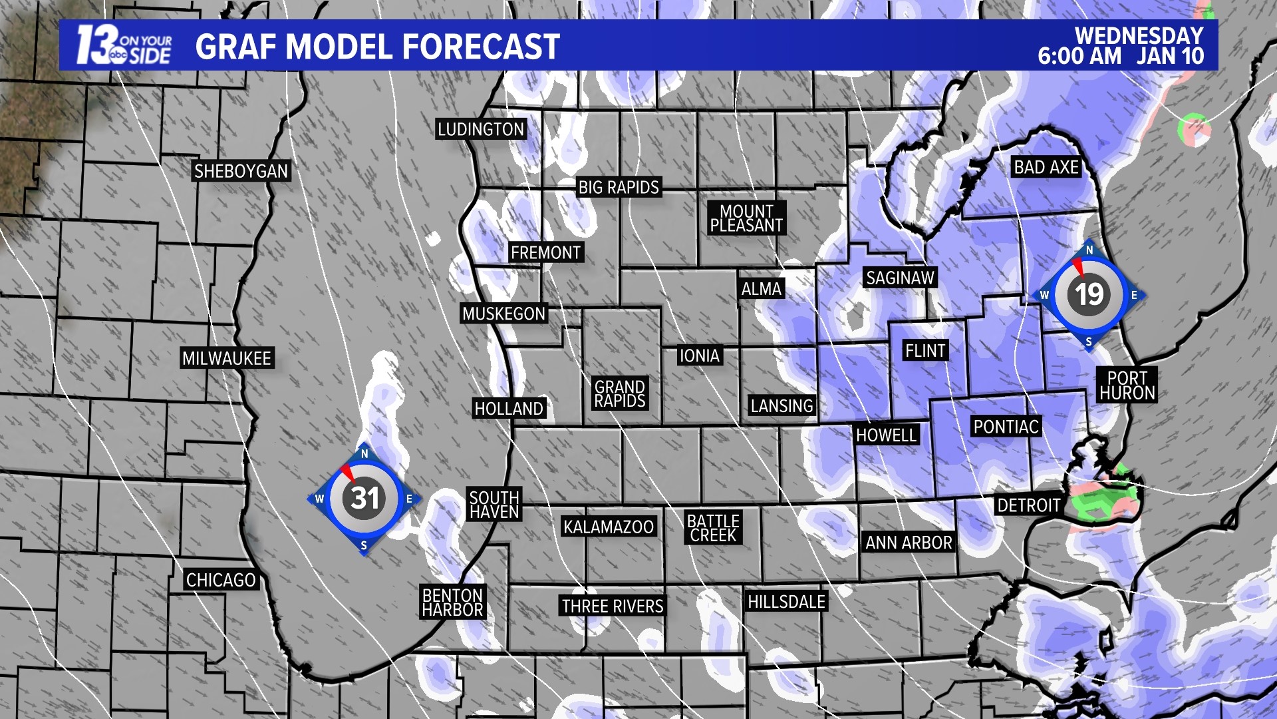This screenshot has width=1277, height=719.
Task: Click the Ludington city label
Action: tap(481, 129)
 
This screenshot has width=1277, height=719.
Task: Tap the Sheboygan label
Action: tap(241, 171)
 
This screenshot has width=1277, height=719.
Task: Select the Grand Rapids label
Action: tap(620, 394)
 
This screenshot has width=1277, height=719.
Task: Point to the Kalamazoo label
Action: tap(609, 527)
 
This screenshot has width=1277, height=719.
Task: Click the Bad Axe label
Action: tap(1046, 167)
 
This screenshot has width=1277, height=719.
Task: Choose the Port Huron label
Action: tap(1127, 385)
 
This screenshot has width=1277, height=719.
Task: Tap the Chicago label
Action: tap(221, 581)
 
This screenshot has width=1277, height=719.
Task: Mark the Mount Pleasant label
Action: tap(746, 218)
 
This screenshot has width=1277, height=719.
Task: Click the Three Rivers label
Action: tap(613, 606)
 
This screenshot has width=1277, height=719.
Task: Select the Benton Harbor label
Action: tap(453, 602)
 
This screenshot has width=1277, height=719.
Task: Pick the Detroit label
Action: tap(1028, 505)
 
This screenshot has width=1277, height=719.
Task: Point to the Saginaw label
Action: tap(901, 278)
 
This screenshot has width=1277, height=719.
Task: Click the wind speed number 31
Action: tap(364, 498)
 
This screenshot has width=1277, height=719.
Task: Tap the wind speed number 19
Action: tap(1089, 294)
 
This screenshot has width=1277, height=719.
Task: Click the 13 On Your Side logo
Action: tap(124, 45)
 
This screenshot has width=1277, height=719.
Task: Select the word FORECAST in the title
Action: tap(481, 47)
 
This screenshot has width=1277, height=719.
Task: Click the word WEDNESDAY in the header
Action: tap(1139, 35)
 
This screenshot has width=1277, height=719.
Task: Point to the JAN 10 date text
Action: tap(1171, 57)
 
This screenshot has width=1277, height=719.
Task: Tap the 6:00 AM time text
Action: tap(1079, 57)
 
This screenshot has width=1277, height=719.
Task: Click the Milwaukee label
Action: tap(227, 358)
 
